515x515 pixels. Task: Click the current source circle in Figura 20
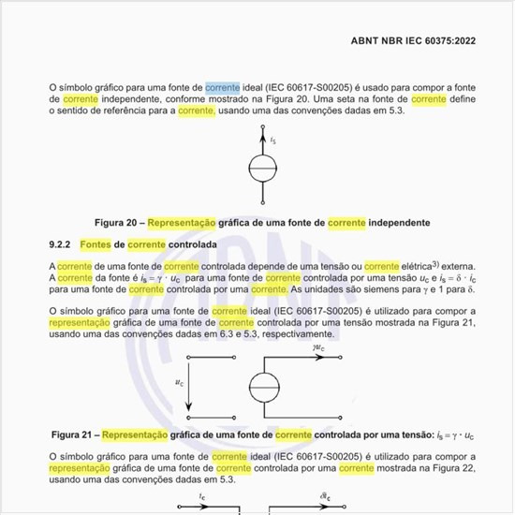coord(262,168)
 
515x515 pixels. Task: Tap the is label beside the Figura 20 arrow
coord(272,140)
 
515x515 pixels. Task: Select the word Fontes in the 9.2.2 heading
coord(96,244)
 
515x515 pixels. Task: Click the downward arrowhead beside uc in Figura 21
coord(189,408)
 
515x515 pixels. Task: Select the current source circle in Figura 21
coord(262,387)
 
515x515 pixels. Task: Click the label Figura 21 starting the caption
coord(71,435)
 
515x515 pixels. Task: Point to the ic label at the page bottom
coord(202,496)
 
